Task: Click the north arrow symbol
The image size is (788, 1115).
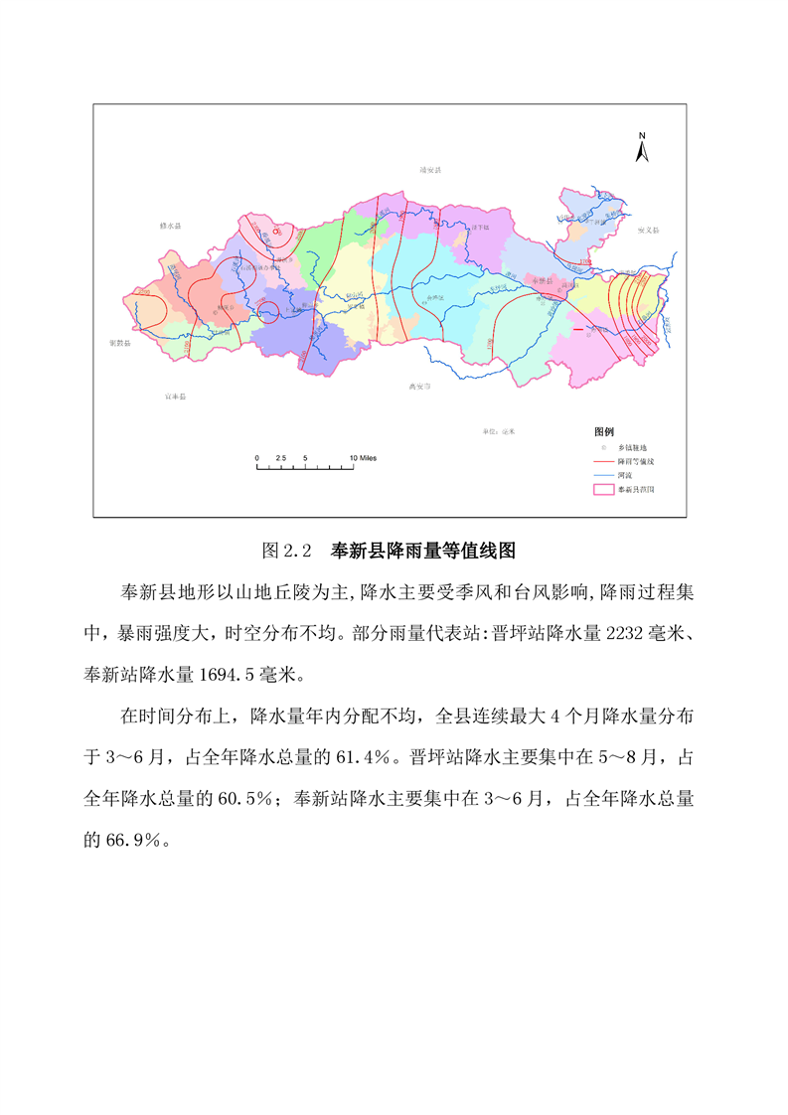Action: click(x=642, y=149)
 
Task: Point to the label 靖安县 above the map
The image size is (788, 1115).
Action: click(x=429, y=170)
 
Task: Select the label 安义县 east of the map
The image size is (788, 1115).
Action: click(x=648, y=230)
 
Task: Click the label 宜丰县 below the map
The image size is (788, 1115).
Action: click(x=175, y=397)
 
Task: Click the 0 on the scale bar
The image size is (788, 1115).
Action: click(x=256, y=457)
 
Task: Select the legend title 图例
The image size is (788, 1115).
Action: click(x=603, y=432)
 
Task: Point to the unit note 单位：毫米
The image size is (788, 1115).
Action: click(x=499, y=431)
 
